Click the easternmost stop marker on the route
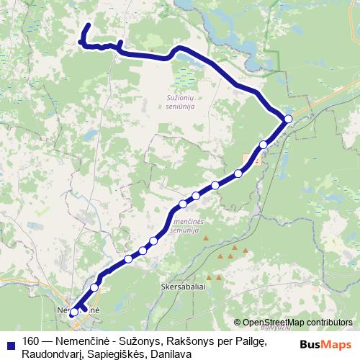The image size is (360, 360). pyautogui.click(x=288, y=119)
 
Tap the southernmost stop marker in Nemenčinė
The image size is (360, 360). pyautogui.click(x=73, y=312)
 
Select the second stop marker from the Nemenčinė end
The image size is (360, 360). pyautogui.click(x=94, y=287)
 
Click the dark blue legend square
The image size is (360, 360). pyautogui.click(x=10, y=341)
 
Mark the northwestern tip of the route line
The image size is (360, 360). pyautogui.click(x=88, y=27)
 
